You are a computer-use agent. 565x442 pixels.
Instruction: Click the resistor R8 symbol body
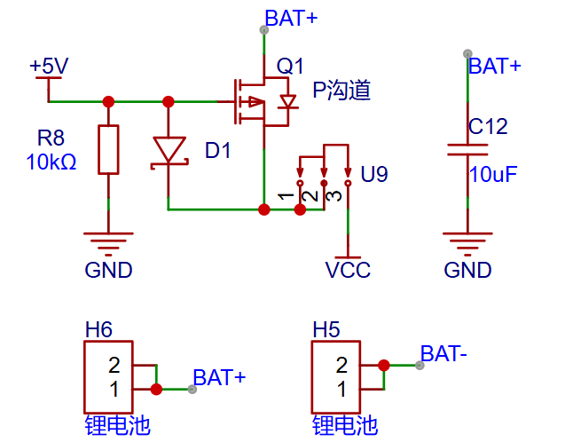tap(108, 149)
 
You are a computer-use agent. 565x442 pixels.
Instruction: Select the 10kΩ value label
tap(51, 162)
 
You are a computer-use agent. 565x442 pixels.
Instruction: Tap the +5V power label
tap(49, 67)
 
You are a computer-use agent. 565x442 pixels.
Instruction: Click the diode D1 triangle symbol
tap(169, 149)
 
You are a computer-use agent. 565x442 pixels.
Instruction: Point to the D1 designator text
tap(217, 151)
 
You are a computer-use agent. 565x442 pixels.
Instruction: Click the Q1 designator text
tap(290, 67)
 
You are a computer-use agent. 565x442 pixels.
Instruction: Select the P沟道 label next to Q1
tap(341, 91)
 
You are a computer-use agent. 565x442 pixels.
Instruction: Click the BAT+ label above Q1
tap(291, 18)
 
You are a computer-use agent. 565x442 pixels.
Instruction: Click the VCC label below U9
tap(348, 271)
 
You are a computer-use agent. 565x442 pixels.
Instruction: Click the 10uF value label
tap(492, 175)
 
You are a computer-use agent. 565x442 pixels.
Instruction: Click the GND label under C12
tap(467, 271)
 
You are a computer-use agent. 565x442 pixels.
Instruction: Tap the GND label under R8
tap(108, 271)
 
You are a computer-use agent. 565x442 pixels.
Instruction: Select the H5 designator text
tap(326, 330)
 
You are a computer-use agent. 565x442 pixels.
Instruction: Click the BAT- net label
tap(443, 354)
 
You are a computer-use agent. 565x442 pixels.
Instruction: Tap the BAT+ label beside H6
tap(219, 378)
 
